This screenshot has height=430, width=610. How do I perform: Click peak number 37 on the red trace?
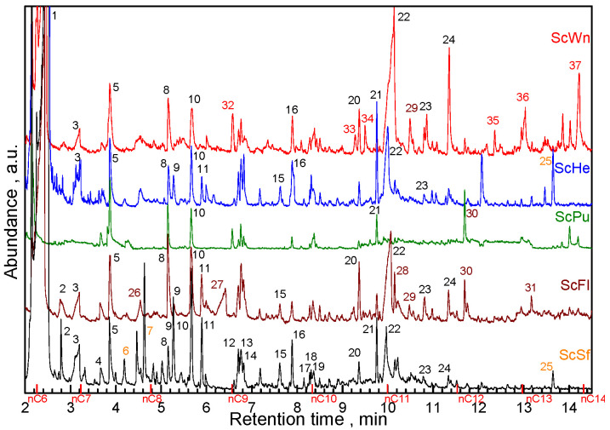pyautogui.click(x=576, y=66)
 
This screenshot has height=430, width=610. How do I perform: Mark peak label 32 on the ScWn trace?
pyautogui.click(x=228, y=105)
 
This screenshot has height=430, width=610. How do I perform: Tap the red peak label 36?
pyautogui.click(x=522, y=97)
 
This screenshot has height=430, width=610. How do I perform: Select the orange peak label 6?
pyautogui.click(x=125, y=350)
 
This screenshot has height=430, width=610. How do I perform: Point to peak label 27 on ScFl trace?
pyautogui.click(x=217, y=284)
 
